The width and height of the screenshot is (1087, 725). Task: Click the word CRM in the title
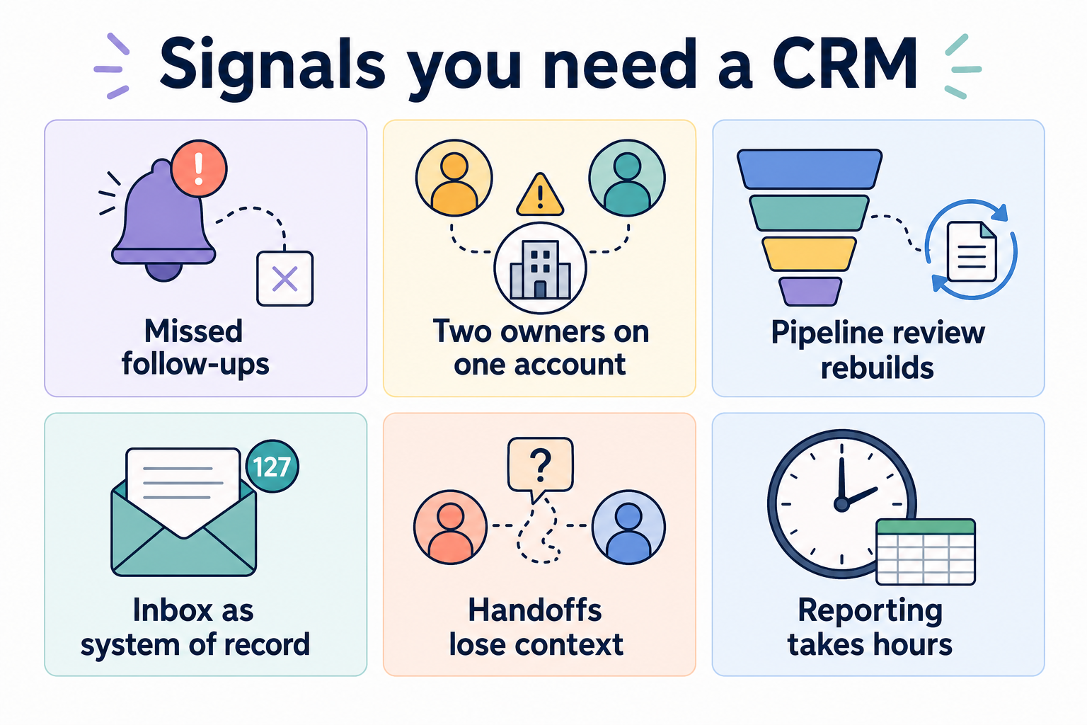click(x=845, y=64)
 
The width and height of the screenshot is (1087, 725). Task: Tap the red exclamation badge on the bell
click(x=199, y=169)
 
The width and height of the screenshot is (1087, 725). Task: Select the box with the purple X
click(x=285, y=278)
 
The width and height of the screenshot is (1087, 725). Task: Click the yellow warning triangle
click(x=540, y=194)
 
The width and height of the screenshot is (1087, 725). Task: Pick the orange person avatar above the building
click(x=454, y=178)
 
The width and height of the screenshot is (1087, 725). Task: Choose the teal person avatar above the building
click(x=627, y=178)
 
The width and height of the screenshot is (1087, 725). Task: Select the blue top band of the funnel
click(x=810, y=169)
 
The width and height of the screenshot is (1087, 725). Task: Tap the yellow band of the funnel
click(x=809, y=253)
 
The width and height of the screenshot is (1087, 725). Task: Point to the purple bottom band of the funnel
click(x=810, y=292)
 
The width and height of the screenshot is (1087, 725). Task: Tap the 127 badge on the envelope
click(x=272, y=466)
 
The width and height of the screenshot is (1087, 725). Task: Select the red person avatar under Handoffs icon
click(x=450, y=527)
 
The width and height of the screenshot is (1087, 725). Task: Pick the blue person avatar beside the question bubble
click(x=628, y=527)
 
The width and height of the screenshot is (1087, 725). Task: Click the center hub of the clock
click(x=841, y=504)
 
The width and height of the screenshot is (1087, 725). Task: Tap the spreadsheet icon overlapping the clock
click(x=926, y=552)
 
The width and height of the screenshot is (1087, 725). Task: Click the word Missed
click(x=194, y=331)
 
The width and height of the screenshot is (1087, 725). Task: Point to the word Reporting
click(x=870, y=612)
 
